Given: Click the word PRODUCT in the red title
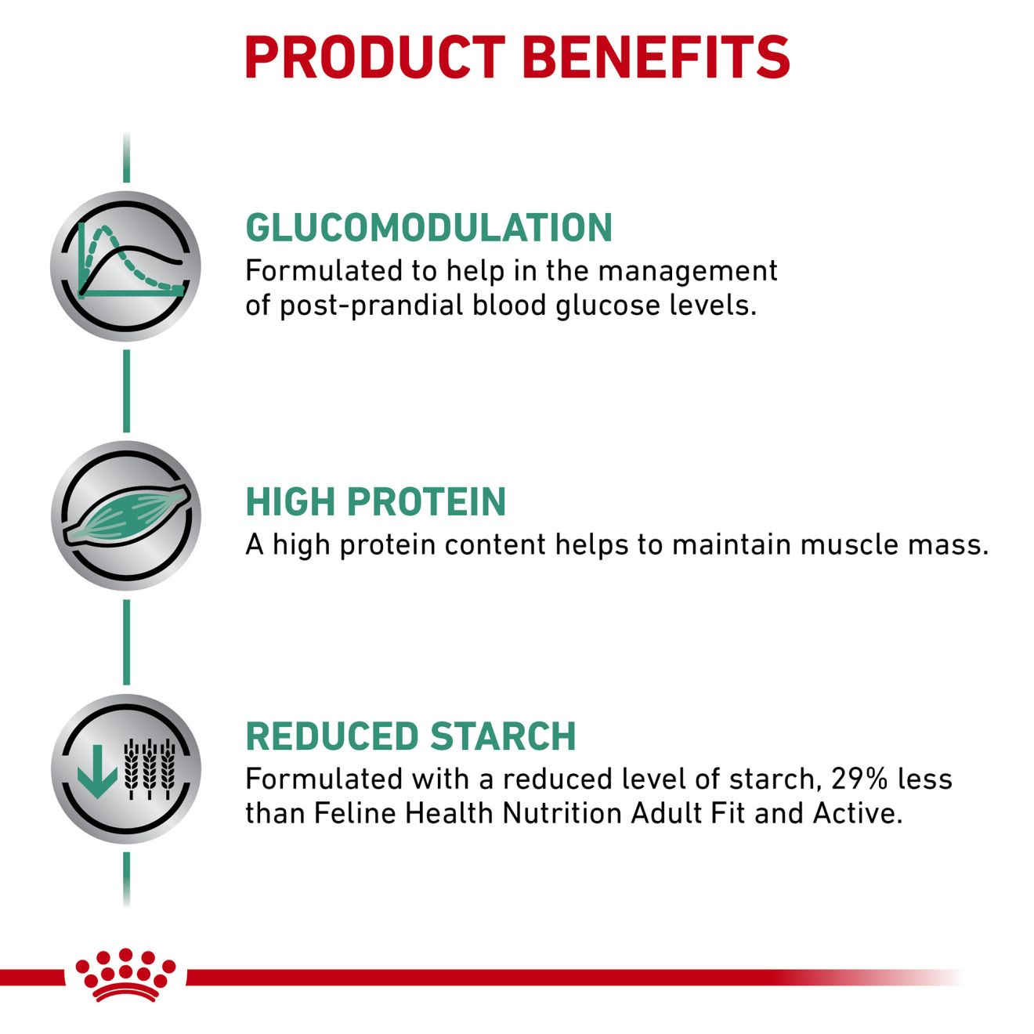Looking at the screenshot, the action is [x=375, y=57].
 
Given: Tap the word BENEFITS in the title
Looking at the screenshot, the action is [x=656, y=57].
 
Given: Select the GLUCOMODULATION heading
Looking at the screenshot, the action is [x=428, y=227].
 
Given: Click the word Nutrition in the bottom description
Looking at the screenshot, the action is [x=563, y=813].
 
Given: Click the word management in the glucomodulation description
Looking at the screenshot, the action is [x=688, y=272].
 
